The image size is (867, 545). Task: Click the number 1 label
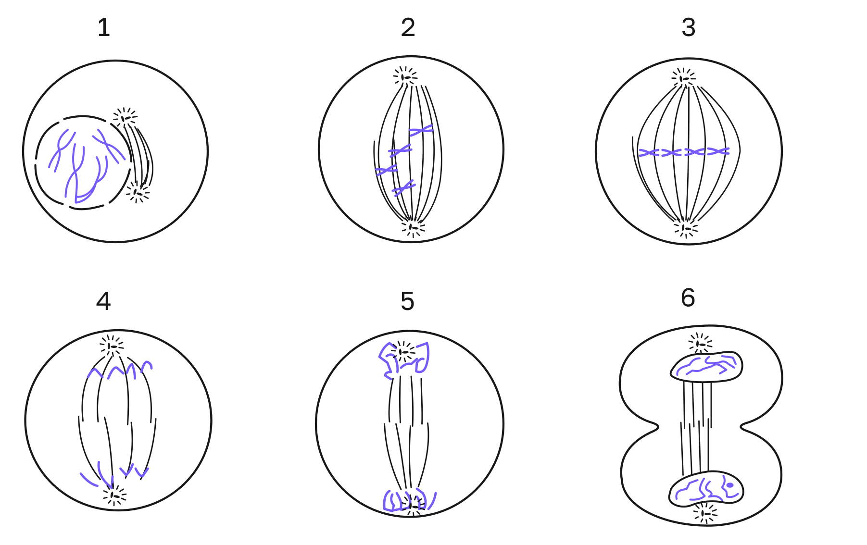[104, 27]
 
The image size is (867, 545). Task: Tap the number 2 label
[408, 27]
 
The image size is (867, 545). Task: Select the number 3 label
[689, 27]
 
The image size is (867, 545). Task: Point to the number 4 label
[103, 301]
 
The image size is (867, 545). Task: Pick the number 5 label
[407, 301]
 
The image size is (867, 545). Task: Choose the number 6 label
[688, 297]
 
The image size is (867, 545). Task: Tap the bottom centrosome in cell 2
[413, 227]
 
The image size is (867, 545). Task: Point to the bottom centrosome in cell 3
[686, 228]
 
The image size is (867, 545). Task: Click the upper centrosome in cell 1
[125, 118]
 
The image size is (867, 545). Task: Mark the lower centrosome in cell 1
[138, 193]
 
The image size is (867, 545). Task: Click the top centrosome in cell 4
[112, 346]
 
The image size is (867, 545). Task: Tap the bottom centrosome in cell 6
[705, 514]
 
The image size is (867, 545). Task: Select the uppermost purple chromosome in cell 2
[421, 130]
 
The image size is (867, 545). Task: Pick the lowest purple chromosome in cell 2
[403, 188]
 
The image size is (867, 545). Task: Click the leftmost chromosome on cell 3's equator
[649, 153]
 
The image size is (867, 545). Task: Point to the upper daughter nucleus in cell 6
[706, 367]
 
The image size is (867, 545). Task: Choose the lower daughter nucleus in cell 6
[706, 488]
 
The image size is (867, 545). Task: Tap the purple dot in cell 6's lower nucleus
[730, 485]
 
